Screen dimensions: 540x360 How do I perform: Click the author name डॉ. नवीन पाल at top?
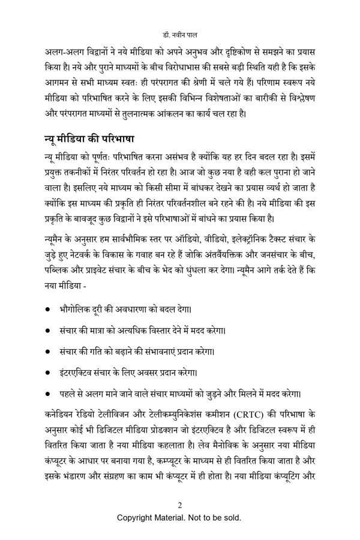[x=179, y=28]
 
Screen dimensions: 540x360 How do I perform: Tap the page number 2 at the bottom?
[x=179, y=503]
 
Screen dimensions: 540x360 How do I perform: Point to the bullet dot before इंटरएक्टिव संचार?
[x=48, y=372]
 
